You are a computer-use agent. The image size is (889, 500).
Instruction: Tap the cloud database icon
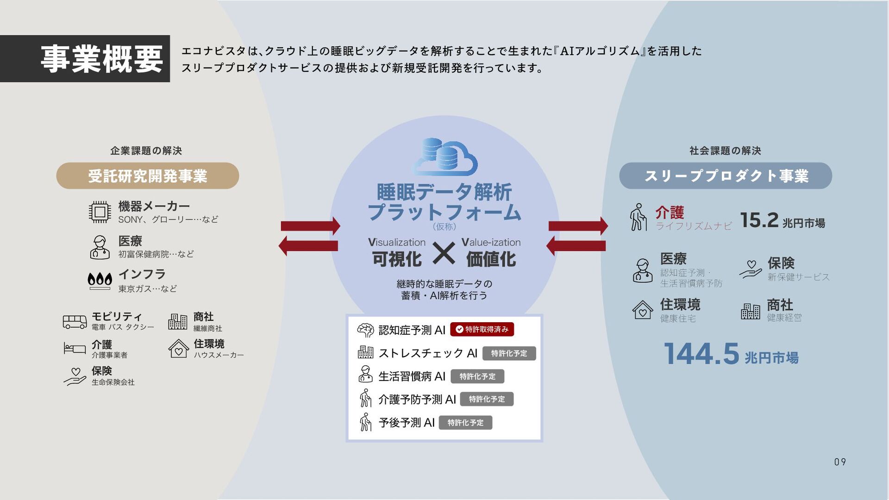[444, 157]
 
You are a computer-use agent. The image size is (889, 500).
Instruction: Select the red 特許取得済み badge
[482, 329]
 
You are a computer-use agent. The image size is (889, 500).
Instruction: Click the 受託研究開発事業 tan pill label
[147, 176]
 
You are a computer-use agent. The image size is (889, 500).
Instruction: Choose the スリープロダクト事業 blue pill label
[726, 176]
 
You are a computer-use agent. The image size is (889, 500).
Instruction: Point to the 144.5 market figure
[701, 354]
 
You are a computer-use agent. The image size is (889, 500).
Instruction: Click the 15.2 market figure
[759, 220]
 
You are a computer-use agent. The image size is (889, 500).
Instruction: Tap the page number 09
[840, 462]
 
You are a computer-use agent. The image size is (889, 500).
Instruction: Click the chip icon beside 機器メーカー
[100, 212]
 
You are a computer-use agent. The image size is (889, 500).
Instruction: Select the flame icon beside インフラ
[100, 280]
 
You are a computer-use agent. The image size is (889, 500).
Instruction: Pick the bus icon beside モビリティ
[75, 322]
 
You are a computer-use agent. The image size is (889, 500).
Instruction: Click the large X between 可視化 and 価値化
[444, 254]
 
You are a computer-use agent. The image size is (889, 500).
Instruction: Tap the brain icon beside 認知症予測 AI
[365, 330]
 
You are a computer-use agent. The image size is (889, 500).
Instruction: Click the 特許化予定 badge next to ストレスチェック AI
[509, 353]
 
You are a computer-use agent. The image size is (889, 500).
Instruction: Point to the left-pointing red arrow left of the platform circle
[308, 245]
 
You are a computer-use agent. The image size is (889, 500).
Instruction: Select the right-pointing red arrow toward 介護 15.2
[578, 226]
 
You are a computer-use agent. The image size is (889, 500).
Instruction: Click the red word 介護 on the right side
[670, 212]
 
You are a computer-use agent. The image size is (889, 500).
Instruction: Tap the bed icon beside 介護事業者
[75, 348]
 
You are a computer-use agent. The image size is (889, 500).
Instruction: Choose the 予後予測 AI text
[407, 423]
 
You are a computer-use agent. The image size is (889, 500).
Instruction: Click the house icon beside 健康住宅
[643, 310]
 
